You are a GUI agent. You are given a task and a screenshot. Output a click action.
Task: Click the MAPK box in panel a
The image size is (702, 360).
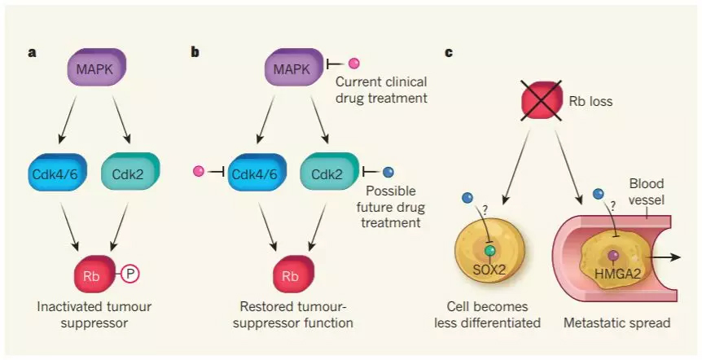(97, 68)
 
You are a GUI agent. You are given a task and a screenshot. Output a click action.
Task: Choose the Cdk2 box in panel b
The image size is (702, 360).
(329, 172)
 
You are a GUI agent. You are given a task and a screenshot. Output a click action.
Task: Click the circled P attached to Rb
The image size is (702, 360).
(130, 275)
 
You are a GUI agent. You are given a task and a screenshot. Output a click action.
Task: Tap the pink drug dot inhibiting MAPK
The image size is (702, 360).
(353, 63)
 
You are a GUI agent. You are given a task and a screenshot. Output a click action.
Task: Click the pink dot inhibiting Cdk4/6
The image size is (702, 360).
(198, 172)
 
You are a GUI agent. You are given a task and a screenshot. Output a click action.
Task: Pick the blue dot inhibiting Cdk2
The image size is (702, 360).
(388, 172)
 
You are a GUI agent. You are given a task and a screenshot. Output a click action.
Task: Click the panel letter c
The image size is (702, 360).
(449, 53)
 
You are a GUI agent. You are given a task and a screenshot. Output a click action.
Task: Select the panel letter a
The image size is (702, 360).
(32, 53)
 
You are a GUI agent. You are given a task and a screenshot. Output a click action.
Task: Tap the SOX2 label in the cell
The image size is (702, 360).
(489, 269)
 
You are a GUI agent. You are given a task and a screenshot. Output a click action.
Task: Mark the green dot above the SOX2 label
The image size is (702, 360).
(490, 251)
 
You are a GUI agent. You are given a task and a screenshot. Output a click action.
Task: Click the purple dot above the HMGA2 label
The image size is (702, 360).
(613, 255)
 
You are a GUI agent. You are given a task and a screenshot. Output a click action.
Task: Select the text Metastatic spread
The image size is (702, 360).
(616, 323)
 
